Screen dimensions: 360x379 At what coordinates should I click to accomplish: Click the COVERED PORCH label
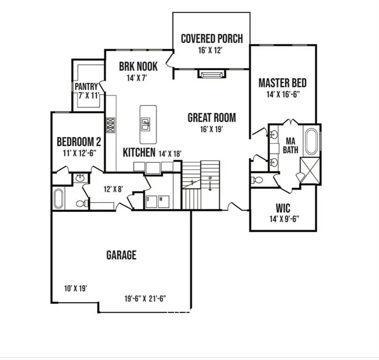(x=212, y=38)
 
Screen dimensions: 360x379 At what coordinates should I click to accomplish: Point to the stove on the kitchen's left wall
(x=111, y=125)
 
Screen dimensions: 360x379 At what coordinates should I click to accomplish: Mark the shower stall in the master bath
(x=310, y=166)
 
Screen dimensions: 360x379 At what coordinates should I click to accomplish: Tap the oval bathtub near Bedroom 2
(x=59, y=198)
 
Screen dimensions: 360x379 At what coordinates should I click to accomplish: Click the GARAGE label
(x=121, y=255)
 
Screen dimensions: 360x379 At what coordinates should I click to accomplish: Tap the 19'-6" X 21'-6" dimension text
(x=146, y=298)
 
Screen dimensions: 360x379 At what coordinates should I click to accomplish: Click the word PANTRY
(x=86, y=87)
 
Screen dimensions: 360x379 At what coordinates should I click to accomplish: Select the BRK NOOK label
(x=138, y=67)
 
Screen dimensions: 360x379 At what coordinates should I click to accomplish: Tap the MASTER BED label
(x=282, y=83)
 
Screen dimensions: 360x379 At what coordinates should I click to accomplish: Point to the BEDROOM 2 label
(x=78, y=141)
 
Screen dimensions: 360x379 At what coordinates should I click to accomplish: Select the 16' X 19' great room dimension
(x=211, y=130)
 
